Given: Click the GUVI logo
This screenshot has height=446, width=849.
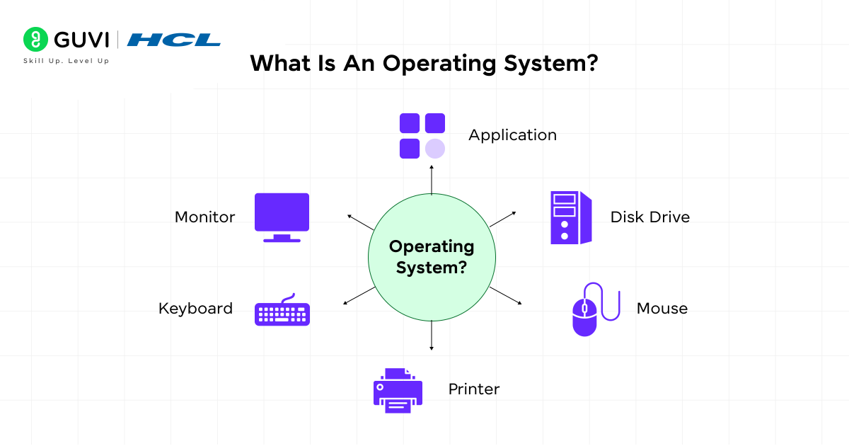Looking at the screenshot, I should coord(66,39).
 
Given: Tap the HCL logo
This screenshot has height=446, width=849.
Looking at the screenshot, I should coord(174,40).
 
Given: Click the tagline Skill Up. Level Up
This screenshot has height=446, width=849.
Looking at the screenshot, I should coord(66,61).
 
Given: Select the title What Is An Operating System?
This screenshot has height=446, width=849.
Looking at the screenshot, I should coord(424,64).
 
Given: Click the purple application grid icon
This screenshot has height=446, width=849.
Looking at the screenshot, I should coord(422,135).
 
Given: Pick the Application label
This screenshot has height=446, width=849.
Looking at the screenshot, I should coord(512,135).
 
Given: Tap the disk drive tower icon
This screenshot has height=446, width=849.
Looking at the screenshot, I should coord(570,217).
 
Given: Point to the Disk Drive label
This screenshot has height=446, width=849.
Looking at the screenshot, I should coord(649,217).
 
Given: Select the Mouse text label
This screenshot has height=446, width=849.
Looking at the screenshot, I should coord(662,308).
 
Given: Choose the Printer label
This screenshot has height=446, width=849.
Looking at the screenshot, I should coord(473,389).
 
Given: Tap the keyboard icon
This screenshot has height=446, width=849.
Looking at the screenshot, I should coord(282,311).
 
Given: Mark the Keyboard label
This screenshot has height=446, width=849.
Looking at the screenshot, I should coord(195,308).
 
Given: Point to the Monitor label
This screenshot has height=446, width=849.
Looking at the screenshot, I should coord(204,217).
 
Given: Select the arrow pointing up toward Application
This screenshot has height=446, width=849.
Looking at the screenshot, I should coord(432,180).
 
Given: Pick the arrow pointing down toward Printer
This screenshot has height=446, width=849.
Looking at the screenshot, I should coord(432,336).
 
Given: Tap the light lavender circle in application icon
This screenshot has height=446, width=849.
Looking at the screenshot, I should coord(435,149).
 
